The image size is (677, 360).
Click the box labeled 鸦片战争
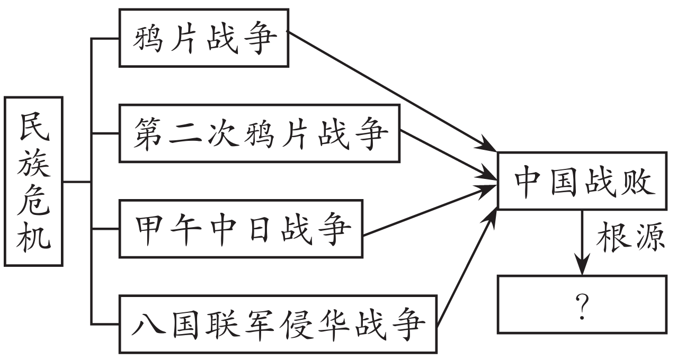pyautogui.click(x=204, y=38)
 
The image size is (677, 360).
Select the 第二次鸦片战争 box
pyautogui.click(x=260, y=133)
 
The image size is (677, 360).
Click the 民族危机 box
pyautogui.click(x=34, y=181)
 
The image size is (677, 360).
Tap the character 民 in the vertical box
pyautogui.click(x=34, y=127)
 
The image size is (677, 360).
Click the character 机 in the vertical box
pyautogui.click(x=34, y=236)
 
